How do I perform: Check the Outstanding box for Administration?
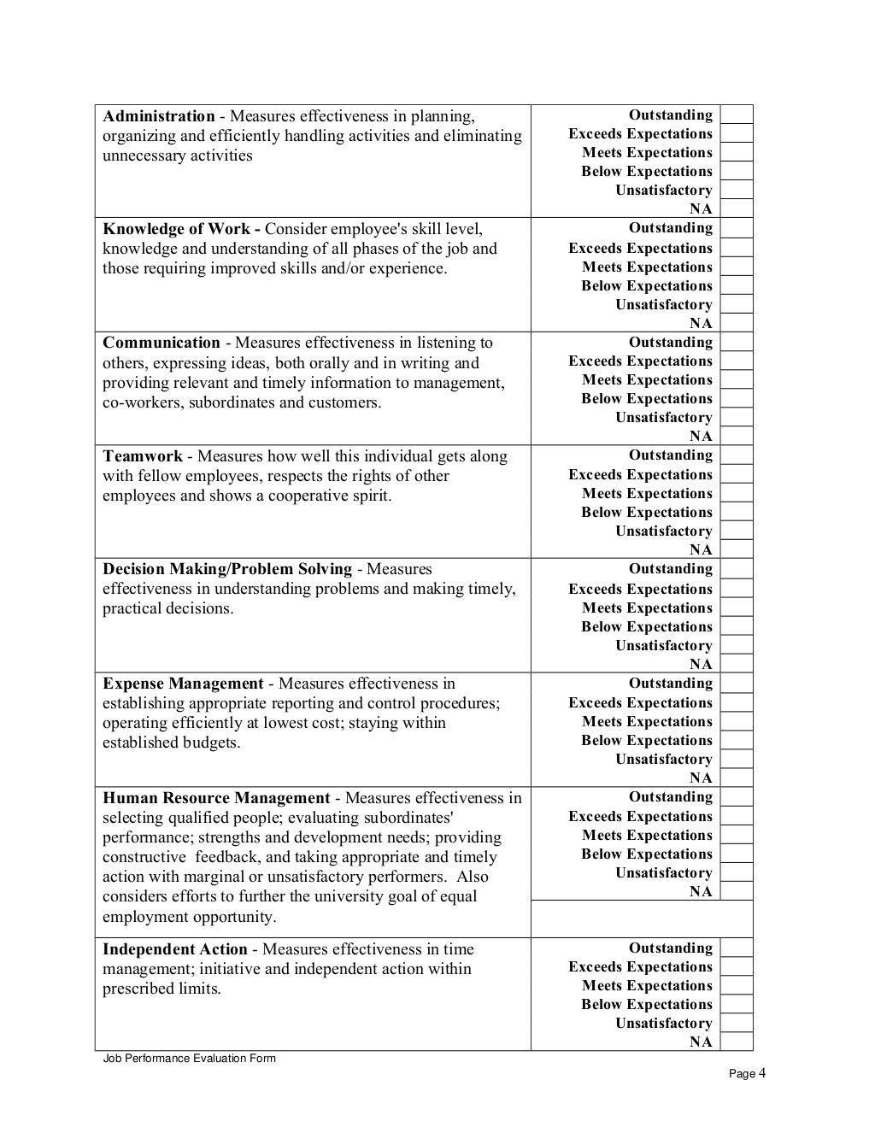(x=737, y=114)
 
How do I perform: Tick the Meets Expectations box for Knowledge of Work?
(x=737, y=267)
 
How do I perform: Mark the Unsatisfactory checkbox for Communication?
(x=737, y=417)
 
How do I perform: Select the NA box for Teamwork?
(x=737, y=549)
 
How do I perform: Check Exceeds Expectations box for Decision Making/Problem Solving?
(x=737, y=589)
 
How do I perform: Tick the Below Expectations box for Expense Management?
(x=737, y=740)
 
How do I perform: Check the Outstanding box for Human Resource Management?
(x=737, y=796)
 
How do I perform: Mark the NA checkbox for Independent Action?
(x=737, y=1042)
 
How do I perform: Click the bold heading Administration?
(x=159, y=116)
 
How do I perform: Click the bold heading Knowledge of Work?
(x=177, y=229)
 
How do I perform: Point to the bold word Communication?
(x=161, y=343)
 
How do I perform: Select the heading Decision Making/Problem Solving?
(x=227, y=569)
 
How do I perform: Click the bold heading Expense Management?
(x=183, y=684)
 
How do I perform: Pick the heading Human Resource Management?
(x=216, y=798)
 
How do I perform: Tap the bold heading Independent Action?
(x=175, y=949)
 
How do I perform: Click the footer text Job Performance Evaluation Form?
(x=189, y=1059)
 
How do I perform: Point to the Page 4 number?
(x=747, y=1074)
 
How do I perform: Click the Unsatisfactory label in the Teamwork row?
(x=663, y=531)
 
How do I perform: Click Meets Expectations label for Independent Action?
(x=647, y=985)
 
